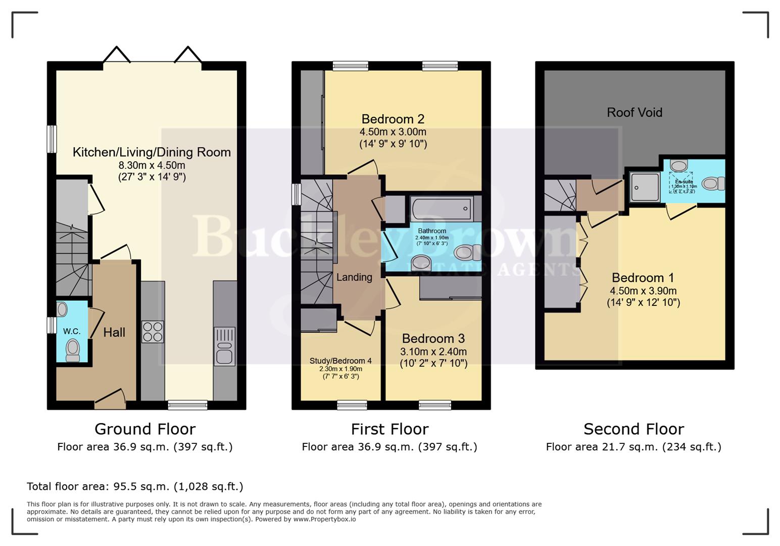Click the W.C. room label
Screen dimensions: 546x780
71,331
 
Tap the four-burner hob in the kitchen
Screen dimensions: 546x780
153,332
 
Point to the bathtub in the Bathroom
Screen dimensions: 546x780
442,208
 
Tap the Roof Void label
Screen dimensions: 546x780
634,112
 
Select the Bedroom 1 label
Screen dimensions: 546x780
643,278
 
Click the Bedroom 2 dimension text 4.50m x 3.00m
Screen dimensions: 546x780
393,132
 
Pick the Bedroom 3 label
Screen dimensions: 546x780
433,338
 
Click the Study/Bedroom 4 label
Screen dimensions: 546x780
340,360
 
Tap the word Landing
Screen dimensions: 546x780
354,277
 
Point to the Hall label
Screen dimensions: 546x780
114,332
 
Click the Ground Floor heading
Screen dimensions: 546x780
145,429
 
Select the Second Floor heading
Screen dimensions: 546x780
633,429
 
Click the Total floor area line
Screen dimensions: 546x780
135,486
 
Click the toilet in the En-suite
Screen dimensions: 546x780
713,183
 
